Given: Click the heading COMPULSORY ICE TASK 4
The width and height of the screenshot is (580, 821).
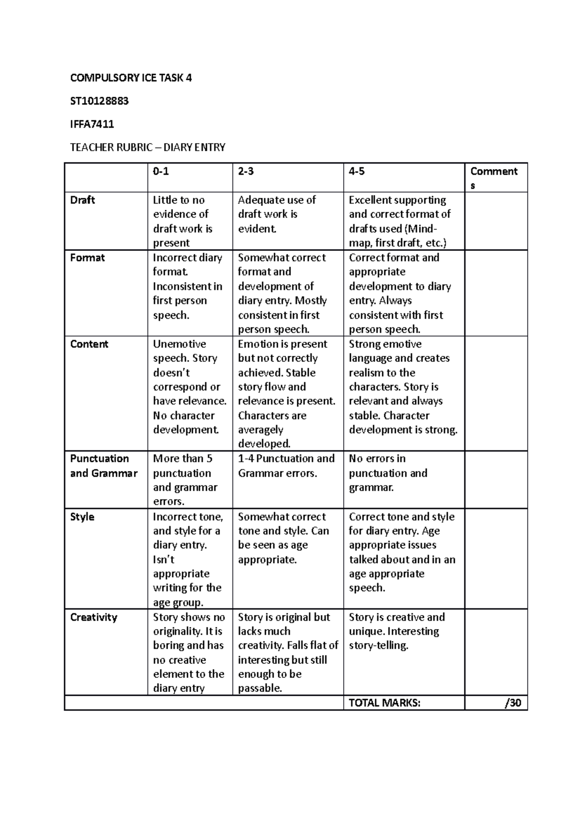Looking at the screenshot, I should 131,78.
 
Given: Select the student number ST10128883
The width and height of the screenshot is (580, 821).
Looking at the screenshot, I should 100,101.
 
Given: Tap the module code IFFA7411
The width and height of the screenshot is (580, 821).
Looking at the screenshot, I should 92,124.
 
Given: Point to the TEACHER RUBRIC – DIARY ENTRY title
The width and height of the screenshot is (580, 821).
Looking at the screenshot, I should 147,147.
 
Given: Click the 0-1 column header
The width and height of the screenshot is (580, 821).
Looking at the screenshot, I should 161,171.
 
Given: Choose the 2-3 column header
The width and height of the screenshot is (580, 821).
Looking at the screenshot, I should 246,171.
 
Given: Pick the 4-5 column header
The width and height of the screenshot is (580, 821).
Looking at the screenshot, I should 357,171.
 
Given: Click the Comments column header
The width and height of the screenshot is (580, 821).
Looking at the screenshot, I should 493,177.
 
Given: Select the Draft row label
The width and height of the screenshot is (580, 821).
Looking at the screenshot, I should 83,200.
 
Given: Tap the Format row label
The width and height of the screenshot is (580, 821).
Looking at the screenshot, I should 87,258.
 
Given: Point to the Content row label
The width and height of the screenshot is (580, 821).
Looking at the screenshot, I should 89,344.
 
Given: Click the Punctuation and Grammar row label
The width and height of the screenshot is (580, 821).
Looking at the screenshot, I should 104,466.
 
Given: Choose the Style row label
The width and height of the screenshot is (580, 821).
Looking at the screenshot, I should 82,517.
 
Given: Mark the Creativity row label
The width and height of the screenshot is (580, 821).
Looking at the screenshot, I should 94,617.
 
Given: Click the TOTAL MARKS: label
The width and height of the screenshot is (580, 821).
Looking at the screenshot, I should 385,703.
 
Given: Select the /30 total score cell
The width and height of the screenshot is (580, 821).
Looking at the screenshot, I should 512,703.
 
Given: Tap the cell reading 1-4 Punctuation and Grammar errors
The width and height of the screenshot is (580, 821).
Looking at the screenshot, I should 286,466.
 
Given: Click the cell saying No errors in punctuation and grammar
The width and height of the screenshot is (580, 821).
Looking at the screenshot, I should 388,473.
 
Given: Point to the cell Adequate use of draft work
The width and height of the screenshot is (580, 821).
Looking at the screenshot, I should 277,214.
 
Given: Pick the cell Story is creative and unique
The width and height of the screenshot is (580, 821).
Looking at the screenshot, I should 396,631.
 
